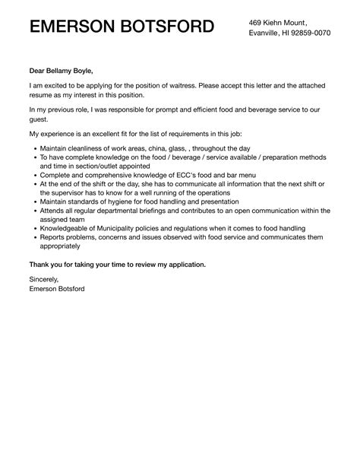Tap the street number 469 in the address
[x=257, y=23]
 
